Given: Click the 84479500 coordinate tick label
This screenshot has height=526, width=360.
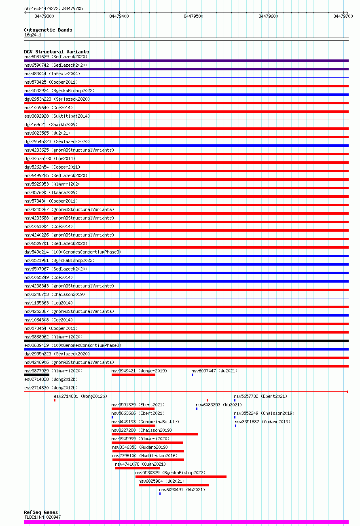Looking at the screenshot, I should point(193,16).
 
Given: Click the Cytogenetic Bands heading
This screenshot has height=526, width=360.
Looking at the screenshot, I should point(48,30).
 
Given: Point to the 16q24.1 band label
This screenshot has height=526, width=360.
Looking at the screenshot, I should point(33,35).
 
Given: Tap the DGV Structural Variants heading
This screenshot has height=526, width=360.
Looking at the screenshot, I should point(57,52).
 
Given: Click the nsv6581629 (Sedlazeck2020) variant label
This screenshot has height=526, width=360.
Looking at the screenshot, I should point(56,57).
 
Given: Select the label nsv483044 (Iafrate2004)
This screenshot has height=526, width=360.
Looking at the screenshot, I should point(52,74).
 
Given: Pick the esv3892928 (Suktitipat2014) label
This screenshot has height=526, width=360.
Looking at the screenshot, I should point(57,116).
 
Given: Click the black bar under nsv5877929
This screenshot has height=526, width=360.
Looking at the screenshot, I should point(37,375).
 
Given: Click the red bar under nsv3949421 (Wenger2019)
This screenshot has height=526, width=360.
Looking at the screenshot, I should point(133,375).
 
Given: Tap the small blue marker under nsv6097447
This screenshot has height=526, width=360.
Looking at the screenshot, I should point(193,375).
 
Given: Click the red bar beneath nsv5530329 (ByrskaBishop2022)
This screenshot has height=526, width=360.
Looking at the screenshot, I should point(181,477).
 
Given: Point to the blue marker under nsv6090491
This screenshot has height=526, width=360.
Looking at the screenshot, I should point(160,494).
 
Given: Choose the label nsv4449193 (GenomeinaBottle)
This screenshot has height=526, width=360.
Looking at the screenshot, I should point(145,422).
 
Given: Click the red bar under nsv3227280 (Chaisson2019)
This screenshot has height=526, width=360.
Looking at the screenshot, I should point(155,434).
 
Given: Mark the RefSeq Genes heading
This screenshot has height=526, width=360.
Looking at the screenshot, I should point(41,512).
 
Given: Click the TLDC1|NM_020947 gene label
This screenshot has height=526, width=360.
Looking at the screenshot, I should point(42,517).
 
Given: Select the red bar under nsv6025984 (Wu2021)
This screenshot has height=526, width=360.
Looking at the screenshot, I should point(174,485).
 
